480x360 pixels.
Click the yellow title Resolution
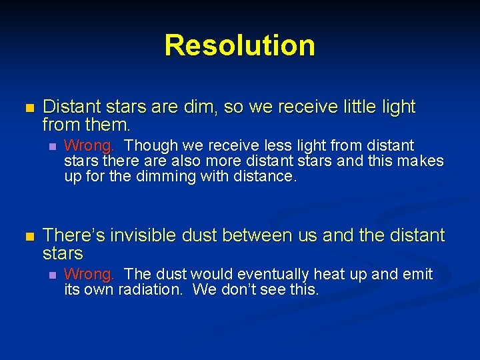[x=239, y=45]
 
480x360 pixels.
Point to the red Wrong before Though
[x=89, y=145]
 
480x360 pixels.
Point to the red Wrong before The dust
[x=89, y=274]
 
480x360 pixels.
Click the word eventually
[x=266, y=274]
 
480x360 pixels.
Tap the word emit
[x=417, y=274]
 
